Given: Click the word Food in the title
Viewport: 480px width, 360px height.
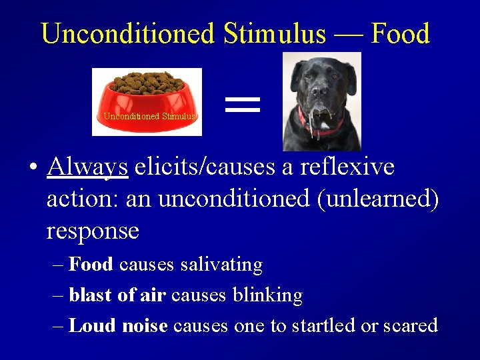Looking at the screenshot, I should point(400,33).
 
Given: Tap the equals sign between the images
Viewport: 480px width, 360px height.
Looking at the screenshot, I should point(242,103).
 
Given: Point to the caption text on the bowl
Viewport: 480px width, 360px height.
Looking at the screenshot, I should point(149,117).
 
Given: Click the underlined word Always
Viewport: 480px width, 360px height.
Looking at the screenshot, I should point(87,167).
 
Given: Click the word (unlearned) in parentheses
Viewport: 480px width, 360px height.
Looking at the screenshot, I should point(378,199).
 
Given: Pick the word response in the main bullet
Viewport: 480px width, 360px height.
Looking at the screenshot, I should point(93,231).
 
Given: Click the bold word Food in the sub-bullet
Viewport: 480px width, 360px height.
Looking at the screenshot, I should point(91,265).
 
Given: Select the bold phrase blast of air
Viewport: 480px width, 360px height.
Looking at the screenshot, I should point(117,295).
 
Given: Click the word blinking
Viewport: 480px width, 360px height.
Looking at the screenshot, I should point(267,295).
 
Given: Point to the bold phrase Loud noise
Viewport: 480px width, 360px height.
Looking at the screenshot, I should point(118,325).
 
